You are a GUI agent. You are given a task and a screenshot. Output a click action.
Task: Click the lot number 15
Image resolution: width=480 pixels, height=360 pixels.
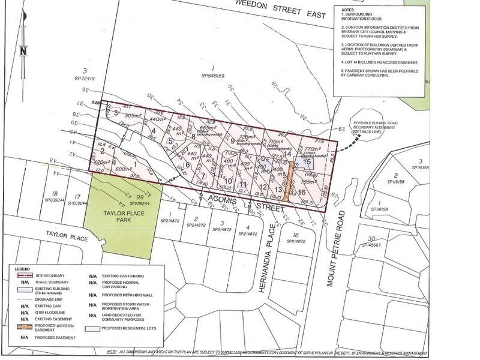click(x=307, y=162)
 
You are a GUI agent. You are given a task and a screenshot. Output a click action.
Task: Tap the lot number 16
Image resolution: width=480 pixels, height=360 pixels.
click(x=301, y=192)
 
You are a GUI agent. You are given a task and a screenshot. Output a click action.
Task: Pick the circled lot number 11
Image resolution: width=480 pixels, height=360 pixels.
click(x=242, y=184)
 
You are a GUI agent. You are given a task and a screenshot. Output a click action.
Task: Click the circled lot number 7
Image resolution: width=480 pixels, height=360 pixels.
click(x=203, y=176)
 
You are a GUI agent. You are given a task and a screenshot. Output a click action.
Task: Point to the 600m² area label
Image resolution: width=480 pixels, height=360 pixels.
click(x=123, y=170)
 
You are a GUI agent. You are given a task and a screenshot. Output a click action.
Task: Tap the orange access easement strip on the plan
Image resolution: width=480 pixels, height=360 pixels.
click(x=289, y=181)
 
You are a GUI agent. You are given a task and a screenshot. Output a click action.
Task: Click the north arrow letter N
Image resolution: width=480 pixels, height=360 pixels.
click(x=23, y=52)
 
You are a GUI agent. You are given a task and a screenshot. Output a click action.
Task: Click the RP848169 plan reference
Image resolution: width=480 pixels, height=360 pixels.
click(x=214, y=76)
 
